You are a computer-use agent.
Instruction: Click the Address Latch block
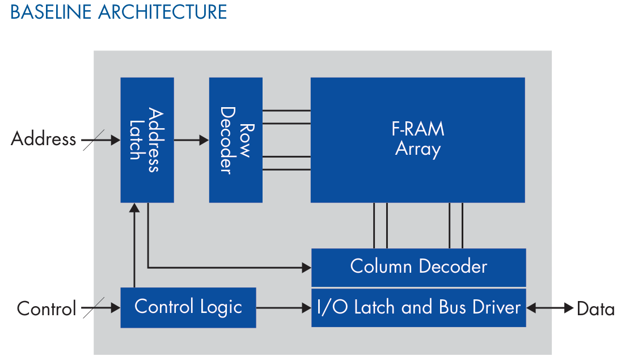pos(147,139)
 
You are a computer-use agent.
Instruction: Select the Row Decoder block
pos(235,139)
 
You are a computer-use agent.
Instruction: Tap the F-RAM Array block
pos(417,139)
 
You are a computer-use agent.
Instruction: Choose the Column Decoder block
pos(419,266)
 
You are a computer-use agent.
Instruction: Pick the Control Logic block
pos(188,307)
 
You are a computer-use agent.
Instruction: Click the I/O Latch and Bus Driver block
pos(419,307)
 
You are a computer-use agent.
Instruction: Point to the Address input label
pos(43,139)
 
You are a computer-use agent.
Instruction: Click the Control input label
pos(47,309)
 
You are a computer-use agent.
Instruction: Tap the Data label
pos(595,309)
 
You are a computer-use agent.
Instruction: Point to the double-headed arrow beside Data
pos(550,308)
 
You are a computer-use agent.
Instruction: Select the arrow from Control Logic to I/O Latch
pos(284,308)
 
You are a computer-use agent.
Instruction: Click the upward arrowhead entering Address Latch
pos(134,207)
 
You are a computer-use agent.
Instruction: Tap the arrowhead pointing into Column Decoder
pos(307,267)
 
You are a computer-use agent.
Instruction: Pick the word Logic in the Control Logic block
pos(222,307)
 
